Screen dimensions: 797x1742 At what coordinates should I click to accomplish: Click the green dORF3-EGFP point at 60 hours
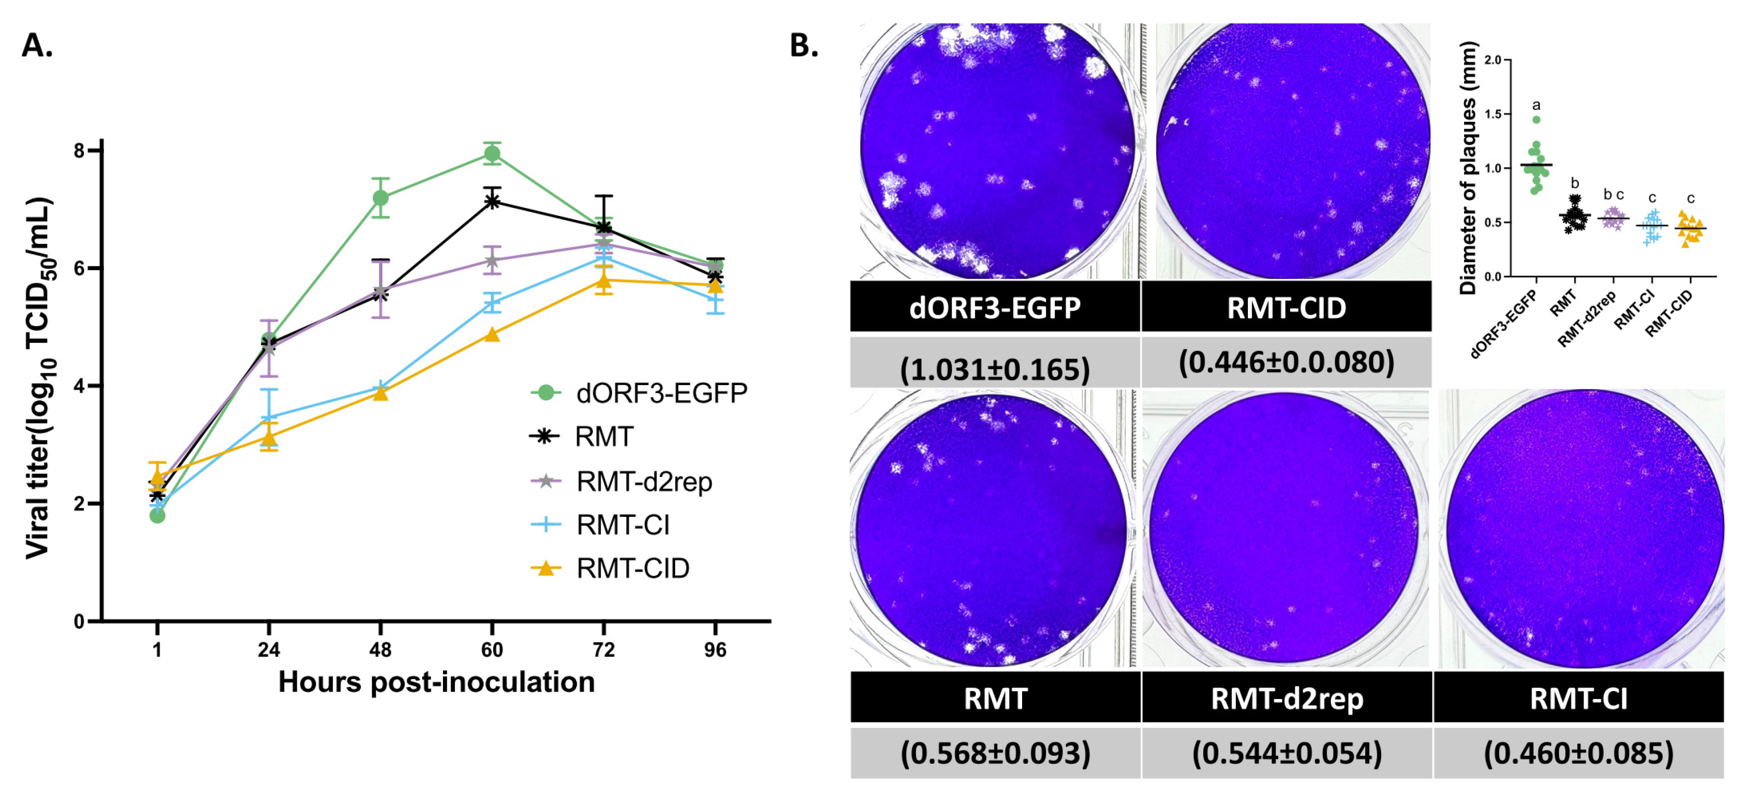(x=492, y=154)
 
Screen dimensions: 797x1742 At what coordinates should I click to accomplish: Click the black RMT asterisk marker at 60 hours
(x=492, y=201)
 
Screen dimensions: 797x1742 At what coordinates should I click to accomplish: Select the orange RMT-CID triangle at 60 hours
(x=492, y=334)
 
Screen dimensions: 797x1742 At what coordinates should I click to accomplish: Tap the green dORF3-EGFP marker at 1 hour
(x=157, y=515)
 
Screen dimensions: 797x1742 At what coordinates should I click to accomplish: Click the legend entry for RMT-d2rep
(x=644, y=482)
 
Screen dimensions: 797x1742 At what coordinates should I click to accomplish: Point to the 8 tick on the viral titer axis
(x=80, y=150)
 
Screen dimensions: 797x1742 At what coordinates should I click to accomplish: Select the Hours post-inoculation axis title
(x=436, y=682)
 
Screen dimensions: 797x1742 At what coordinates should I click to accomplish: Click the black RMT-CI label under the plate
(x=1578, y=698)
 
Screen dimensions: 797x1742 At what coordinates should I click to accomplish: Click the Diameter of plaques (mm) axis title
(x=1468, y=168)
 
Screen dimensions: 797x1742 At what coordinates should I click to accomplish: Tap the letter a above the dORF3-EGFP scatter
(x=1536, y=105)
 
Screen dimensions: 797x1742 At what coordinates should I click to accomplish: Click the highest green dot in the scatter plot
(x=1536, y=120)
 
